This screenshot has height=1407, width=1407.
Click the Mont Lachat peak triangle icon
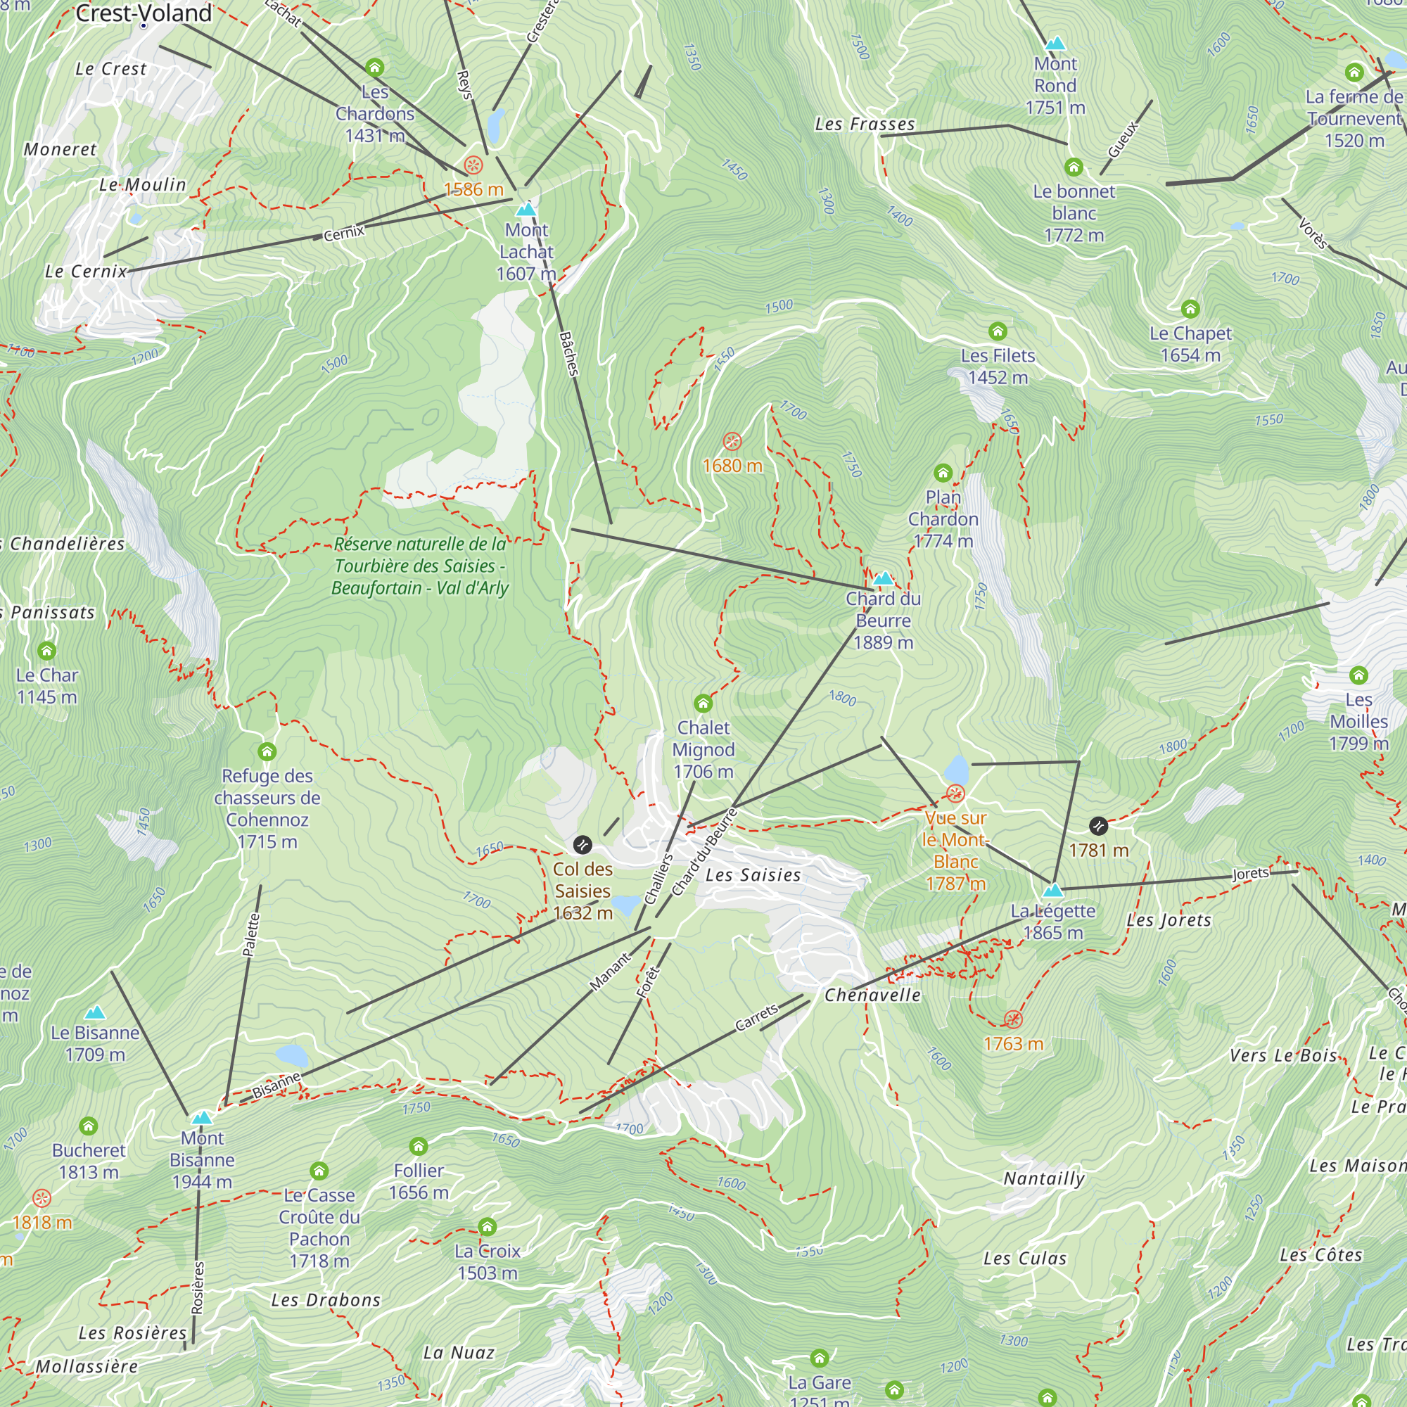tap(526, 210)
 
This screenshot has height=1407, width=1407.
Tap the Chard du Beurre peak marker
tap(883, 579)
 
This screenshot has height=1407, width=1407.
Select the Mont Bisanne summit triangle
tap(202, 1117)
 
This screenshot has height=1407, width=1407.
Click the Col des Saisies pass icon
tap(582, 845)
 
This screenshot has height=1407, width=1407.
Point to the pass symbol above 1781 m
tap(1098, 826)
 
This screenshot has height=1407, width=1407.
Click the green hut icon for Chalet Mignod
tap(703, 703)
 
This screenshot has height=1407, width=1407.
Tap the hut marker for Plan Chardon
tap(943, 473)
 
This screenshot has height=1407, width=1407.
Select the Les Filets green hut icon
tap(998, 332)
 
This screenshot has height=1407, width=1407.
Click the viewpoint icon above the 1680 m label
tap(732, 441)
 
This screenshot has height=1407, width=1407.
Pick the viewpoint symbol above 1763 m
tap(1013, 1019)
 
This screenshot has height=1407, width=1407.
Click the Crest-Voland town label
tap(144, 13)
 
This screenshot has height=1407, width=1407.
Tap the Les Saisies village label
tap(753, 875)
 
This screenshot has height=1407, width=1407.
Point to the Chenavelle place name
tap(872, 995)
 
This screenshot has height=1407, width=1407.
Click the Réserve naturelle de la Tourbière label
tap(419, 566)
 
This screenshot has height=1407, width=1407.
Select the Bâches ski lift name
tap(568, 354)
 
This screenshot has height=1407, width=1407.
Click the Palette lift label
tap(250, 934)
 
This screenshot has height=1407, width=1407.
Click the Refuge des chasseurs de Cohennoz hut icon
tap(267, 751)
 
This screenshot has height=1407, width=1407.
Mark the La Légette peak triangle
tap(1053, 890)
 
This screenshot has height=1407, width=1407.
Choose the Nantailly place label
tap(1043, 1178)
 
